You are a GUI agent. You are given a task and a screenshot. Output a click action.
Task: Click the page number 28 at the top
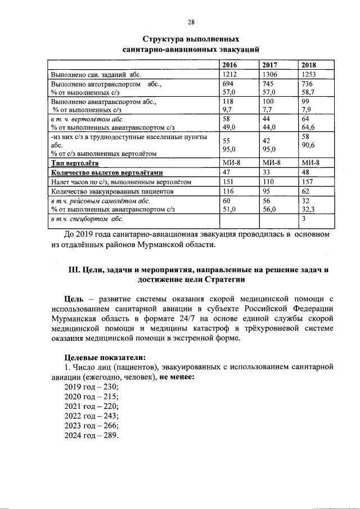coord(191,22)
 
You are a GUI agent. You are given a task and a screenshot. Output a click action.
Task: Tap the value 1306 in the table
coord(271,74)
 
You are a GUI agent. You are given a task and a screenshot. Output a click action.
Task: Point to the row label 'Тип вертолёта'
coord(73,163)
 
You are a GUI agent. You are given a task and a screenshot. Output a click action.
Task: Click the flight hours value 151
coord(229,182)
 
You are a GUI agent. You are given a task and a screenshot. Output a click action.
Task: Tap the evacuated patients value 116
coord(229,191)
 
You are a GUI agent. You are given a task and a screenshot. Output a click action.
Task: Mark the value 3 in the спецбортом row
coord(304,218)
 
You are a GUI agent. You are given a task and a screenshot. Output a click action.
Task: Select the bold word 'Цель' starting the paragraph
coord(75,298)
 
